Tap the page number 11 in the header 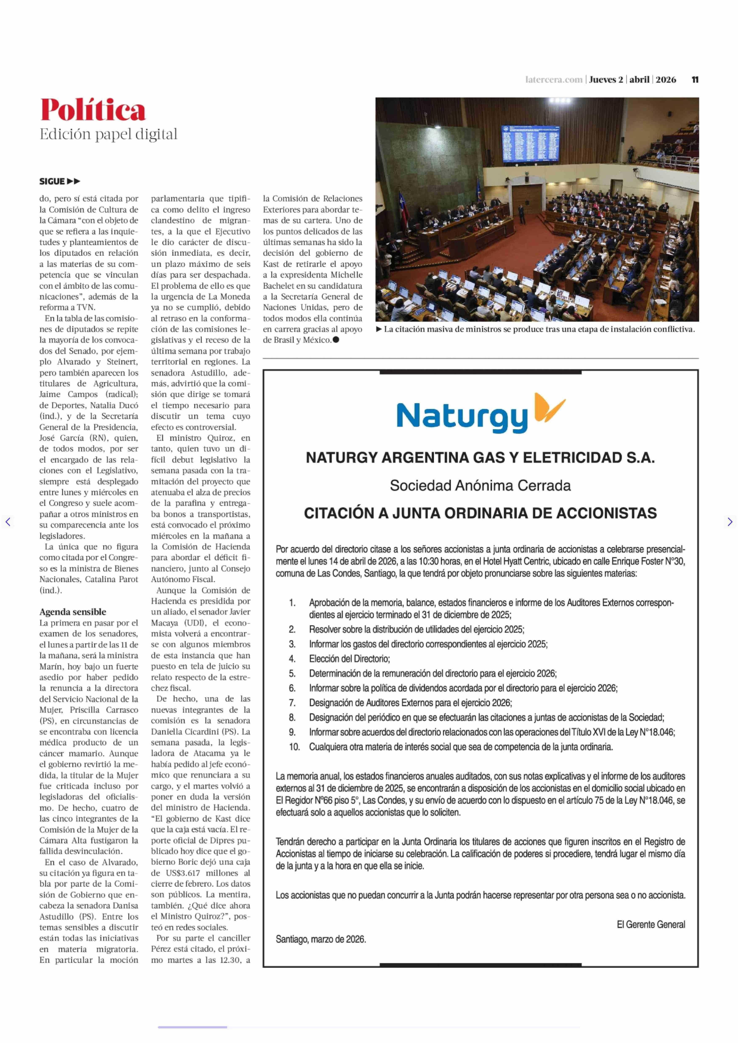(x=695, y=80)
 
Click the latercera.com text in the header (x=553, y=80)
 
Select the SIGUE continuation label (x=60, y=181)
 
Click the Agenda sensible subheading (x=73, y=612)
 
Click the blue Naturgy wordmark (x=462, y=417)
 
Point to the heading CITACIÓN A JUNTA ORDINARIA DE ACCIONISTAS (x=480, y=513)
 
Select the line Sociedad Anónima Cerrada (x=480, y=485)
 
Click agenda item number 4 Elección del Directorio (x=349, y=658)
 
